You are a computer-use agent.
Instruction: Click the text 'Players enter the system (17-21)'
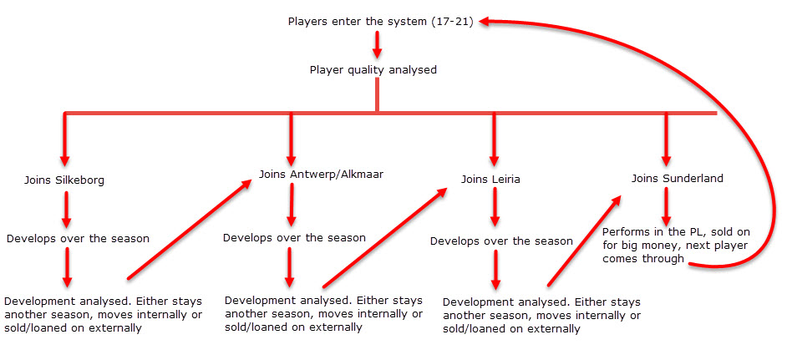[x=380, y=22]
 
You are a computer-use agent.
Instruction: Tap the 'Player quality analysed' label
[x=373, y=69]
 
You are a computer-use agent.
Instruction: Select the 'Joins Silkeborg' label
[x=64, y=180]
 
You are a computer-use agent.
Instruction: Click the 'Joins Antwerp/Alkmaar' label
[x=322, y=175]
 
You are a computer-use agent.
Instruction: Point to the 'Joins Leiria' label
[x=490, y=180]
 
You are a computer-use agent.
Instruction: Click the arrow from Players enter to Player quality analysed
[x=377, y=45]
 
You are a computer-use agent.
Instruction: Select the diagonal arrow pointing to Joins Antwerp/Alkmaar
[x=190, y=228]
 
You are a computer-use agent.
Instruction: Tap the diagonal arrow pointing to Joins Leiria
[x=385, y=237]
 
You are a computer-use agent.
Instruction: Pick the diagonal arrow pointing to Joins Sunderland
[x=585, y=241]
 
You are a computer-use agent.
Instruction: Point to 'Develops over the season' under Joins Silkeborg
[x=78, y=239]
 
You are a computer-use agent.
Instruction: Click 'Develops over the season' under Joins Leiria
[x=501, y=241]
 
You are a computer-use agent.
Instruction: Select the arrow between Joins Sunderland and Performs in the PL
[x=666, y=207]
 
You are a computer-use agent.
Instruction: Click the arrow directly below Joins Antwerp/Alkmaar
[x=291, y=205]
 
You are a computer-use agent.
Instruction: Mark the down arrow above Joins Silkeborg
[x=64, y=139]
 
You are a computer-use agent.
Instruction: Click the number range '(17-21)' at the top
[x=452, y=22]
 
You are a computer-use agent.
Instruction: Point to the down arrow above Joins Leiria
[x=494, y=139]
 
